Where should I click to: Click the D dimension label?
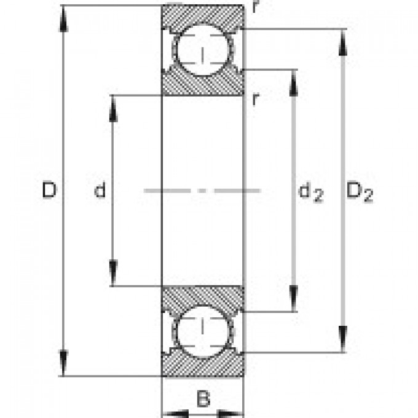[49, 191]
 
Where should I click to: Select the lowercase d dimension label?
[100, 191]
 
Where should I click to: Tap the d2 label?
[310, 192]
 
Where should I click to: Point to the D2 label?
[360, 192]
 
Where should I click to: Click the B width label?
[202, 400]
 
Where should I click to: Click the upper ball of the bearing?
[202, 50]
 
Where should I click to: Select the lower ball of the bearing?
[202, 332]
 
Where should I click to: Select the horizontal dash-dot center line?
[202, 191]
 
